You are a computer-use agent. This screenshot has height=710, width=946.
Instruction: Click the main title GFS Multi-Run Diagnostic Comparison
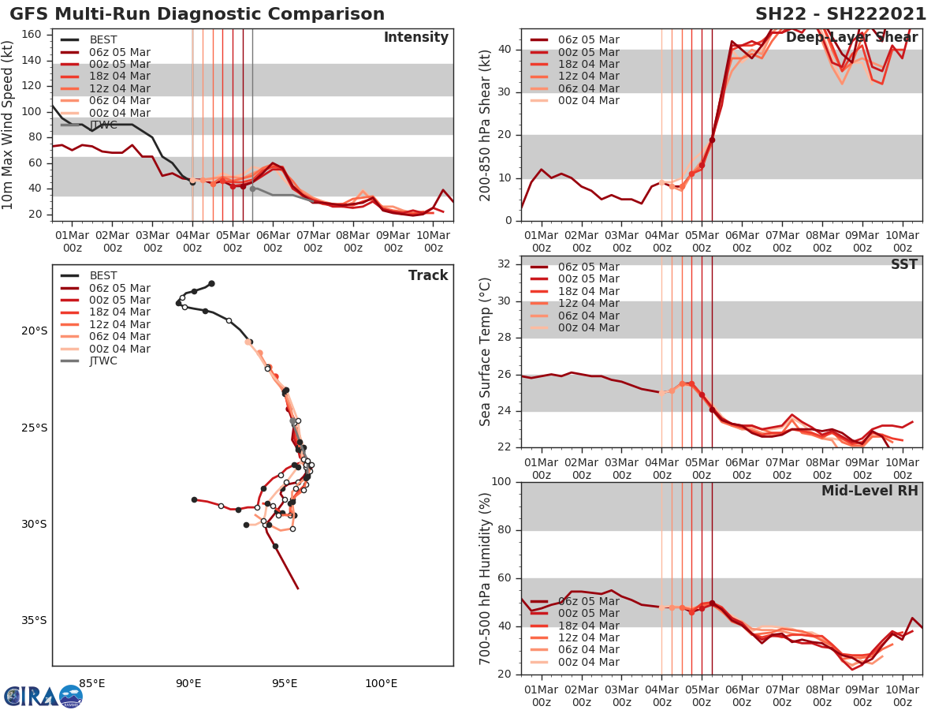197,14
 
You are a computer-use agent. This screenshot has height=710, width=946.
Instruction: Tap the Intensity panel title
415,38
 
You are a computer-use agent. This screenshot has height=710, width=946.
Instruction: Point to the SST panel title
903,265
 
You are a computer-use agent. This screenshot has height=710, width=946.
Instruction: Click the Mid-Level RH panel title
870,491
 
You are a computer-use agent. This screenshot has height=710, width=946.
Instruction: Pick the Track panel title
427,275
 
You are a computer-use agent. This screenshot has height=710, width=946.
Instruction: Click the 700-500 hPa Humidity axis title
486,578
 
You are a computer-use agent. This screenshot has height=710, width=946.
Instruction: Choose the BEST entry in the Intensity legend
103,39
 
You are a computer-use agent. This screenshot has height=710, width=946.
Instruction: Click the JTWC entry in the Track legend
103,361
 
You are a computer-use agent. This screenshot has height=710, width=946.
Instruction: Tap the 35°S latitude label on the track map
34,621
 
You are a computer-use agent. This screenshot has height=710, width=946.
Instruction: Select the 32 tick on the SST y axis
506,264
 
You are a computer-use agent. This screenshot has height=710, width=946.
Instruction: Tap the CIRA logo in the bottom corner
43,696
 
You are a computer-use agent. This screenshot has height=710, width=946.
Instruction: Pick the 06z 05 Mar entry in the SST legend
588,267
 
